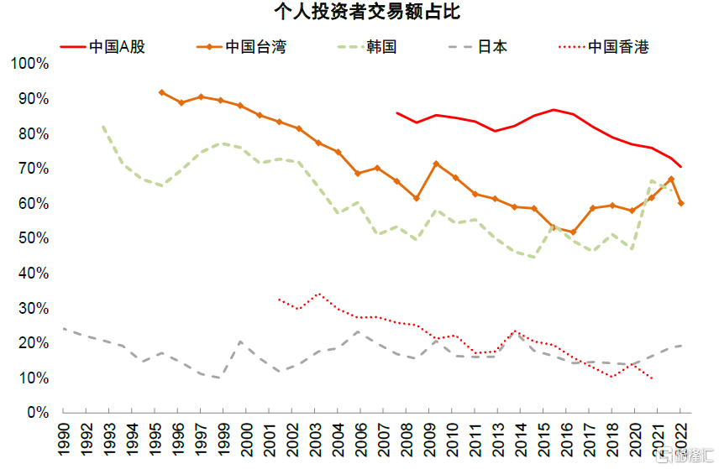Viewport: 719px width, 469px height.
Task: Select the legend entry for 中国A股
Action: click(118, 46)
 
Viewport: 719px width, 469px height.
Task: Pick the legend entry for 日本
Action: click(492, 46)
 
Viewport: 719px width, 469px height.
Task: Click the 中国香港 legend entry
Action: click(618, 46)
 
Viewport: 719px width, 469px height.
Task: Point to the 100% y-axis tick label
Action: click(31, 64)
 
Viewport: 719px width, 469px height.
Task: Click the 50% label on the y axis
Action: click(34, 238)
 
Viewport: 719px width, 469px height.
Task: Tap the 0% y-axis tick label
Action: click(38, 413)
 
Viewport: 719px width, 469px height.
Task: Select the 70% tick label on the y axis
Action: click(34, 169)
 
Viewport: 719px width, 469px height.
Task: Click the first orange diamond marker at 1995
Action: click(161, 92)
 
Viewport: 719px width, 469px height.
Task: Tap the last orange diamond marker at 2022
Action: click(680, 203)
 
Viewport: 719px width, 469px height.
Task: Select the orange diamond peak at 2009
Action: click(436, 164)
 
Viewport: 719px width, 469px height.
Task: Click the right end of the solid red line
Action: click(680, 167)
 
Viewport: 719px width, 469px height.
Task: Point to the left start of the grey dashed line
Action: click(64, 329)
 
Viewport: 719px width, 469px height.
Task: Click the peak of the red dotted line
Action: click(318, 294)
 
